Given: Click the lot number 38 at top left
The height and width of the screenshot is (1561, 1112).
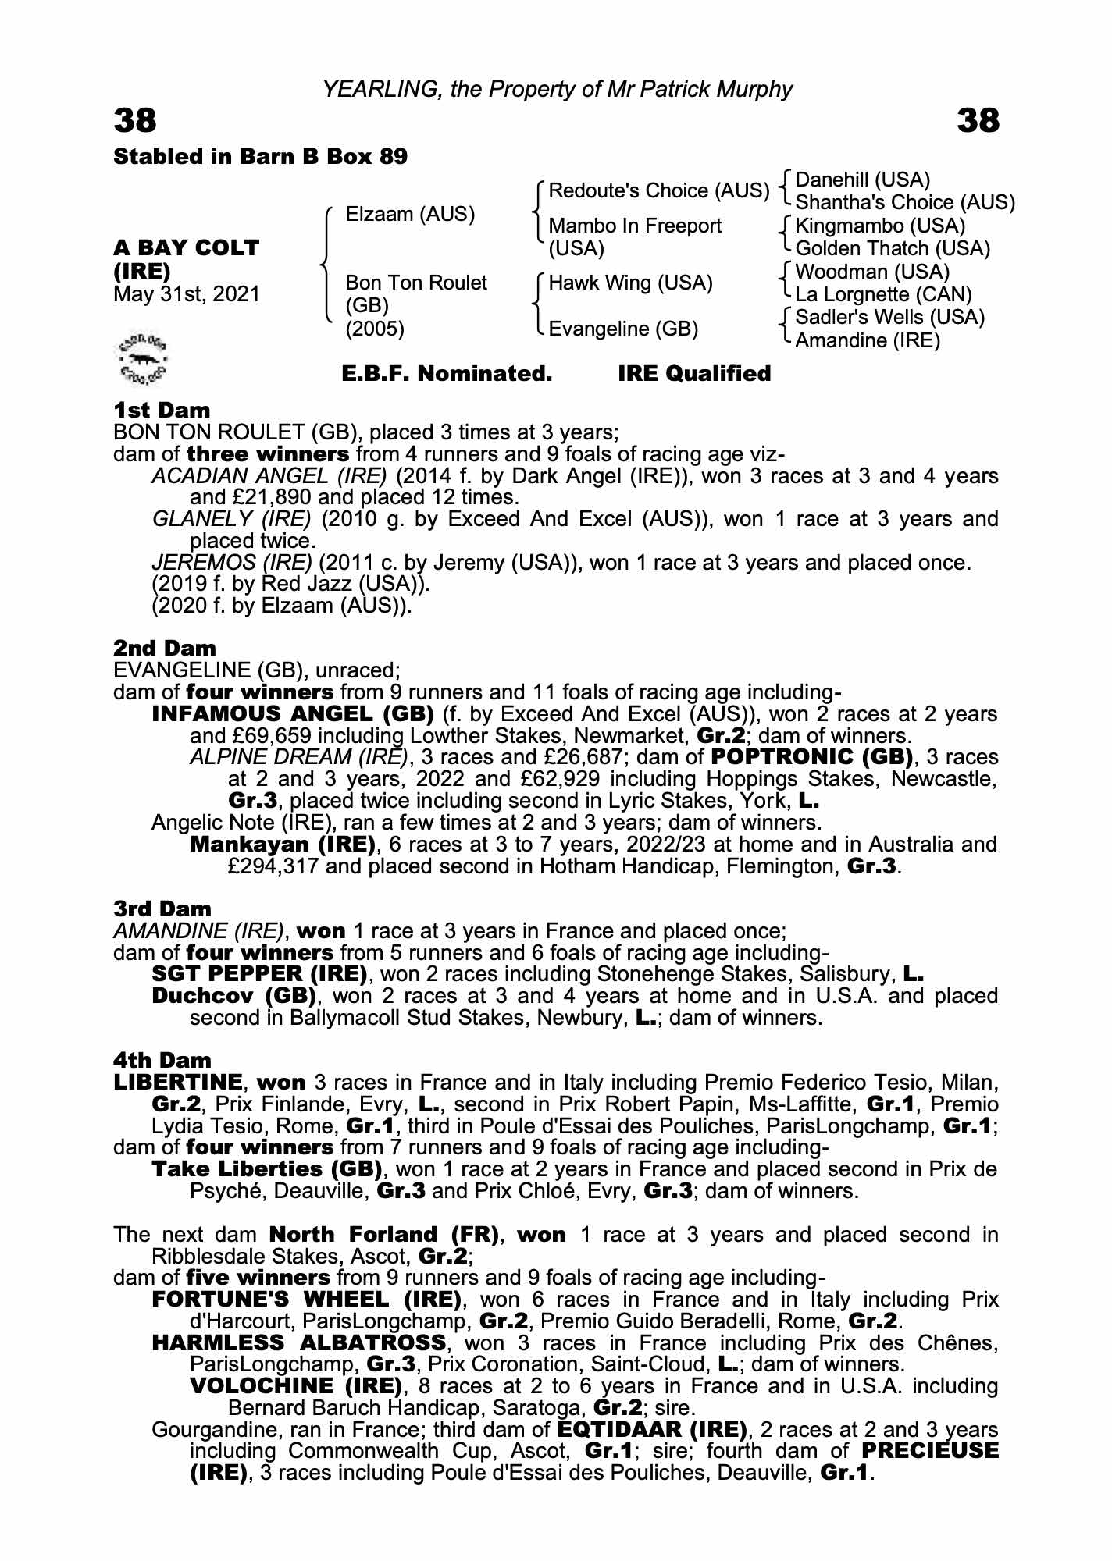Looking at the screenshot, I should point(135,121).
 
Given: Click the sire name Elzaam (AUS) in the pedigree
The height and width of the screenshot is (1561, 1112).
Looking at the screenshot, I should point(410,214).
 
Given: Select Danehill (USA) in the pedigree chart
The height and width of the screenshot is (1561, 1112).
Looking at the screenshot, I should point(862,180).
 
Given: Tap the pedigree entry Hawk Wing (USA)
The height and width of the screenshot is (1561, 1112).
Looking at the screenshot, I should point(630,283).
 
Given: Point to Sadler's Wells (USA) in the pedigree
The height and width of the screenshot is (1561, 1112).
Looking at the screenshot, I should point(889,317).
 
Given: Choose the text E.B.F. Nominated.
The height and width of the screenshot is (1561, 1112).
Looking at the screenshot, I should point(447,374).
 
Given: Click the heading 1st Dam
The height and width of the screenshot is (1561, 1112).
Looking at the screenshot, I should point(162,410).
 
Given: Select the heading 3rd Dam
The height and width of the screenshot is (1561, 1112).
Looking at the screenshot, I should point(162,909).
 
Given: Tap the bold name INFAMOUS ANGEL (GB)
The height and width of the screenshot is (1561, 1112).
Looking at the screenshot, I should point(293,713).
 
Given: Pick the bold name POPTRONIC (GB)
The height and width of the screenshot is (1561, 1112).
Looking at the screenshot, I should point(811,756).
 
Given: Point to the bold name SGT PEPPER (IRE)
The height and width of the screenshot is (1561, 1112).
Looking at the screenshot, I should point(259,974).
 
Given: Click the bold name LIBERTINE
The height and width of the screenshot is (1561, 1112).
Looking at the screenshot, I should point(178,1083).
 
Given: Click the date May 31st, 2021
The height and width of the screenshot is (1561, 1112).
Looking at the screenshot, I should point(187,294).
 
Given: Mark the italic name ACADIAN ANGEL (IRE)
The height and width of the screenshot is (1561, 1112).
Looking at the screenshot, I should point(269,475).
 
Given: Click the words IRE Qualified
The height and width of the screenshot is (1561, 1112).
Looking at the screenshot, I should point(694,374).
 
